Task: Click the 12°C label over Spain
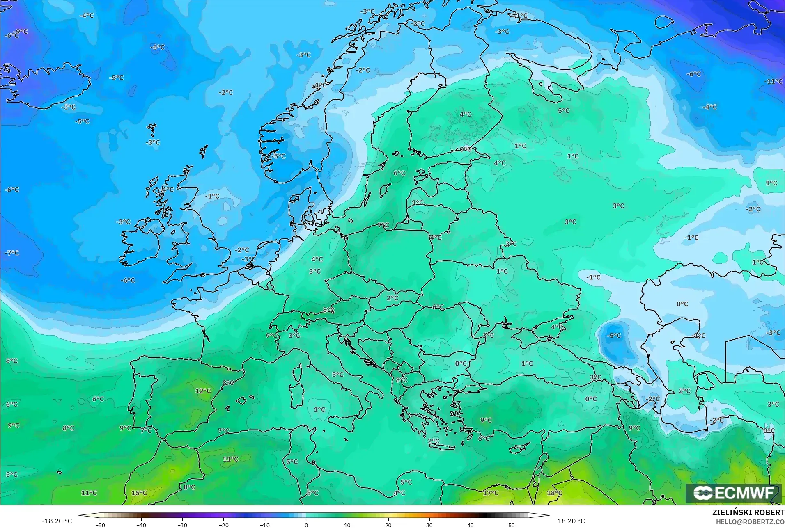pyautogui.click(x=203, y=391)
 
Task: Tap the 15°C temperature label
pyautogui.click(x=139, y=493)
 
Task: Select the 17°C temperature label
pyautogui.click(x=491, y=493)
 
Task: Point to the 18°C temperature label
pyautogui.click(x=554, y=493)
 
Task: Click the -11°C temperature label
pyautogui.click(x=773, y=81)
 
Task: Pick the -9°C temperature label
pyautogui.click(x=21, y=32)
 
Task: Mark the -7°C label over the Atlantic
pyautogui.click(x=11, y=253)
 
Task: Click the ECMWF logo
pyautogui.click(x=734, y=493)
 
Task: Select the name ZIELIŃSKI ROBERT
pyautogui.click(x=748, y=512)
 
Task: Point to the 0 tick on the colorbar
pyautogui.click(x=306, y=525)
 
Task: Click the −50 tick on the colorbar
pyautogui.click(x=100, y=525)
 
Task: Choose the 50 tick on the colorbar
pyautogui.click(x=512, y=525)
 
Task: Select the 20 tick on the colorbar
pyautogui.click(x=388, y=525)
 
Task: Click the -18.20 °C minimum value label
pyautogui.click(x=57, y=521)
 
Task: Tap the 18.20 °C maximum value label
pyautogui.click(x=571, y=521)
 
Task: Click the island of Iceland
pyautogui.click(x=49, y=84)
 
